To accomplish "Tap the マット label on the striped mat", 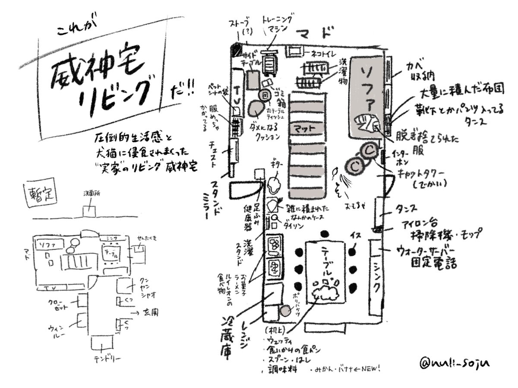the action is point(307,128).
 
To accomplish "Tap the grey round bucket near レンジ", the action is point(285,310).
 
